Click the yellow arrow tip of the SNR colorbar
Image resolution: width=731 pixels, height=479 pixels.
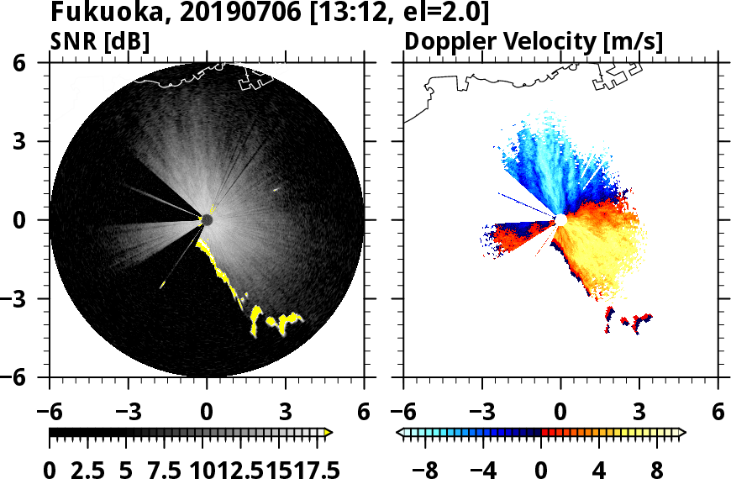(x=329, y=433)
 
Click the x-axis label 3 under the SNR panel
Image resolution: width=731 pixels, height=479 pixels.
(x=286, y=413)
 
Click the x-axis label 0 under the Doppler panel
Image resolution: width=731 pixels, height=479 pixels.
(x=560, y=413)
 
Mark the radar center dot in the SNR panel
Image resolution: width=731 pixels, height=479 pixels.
(x=207, y=220)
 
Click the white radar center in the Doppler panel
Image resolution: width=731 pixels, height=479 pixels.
(x=560, y=220)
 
